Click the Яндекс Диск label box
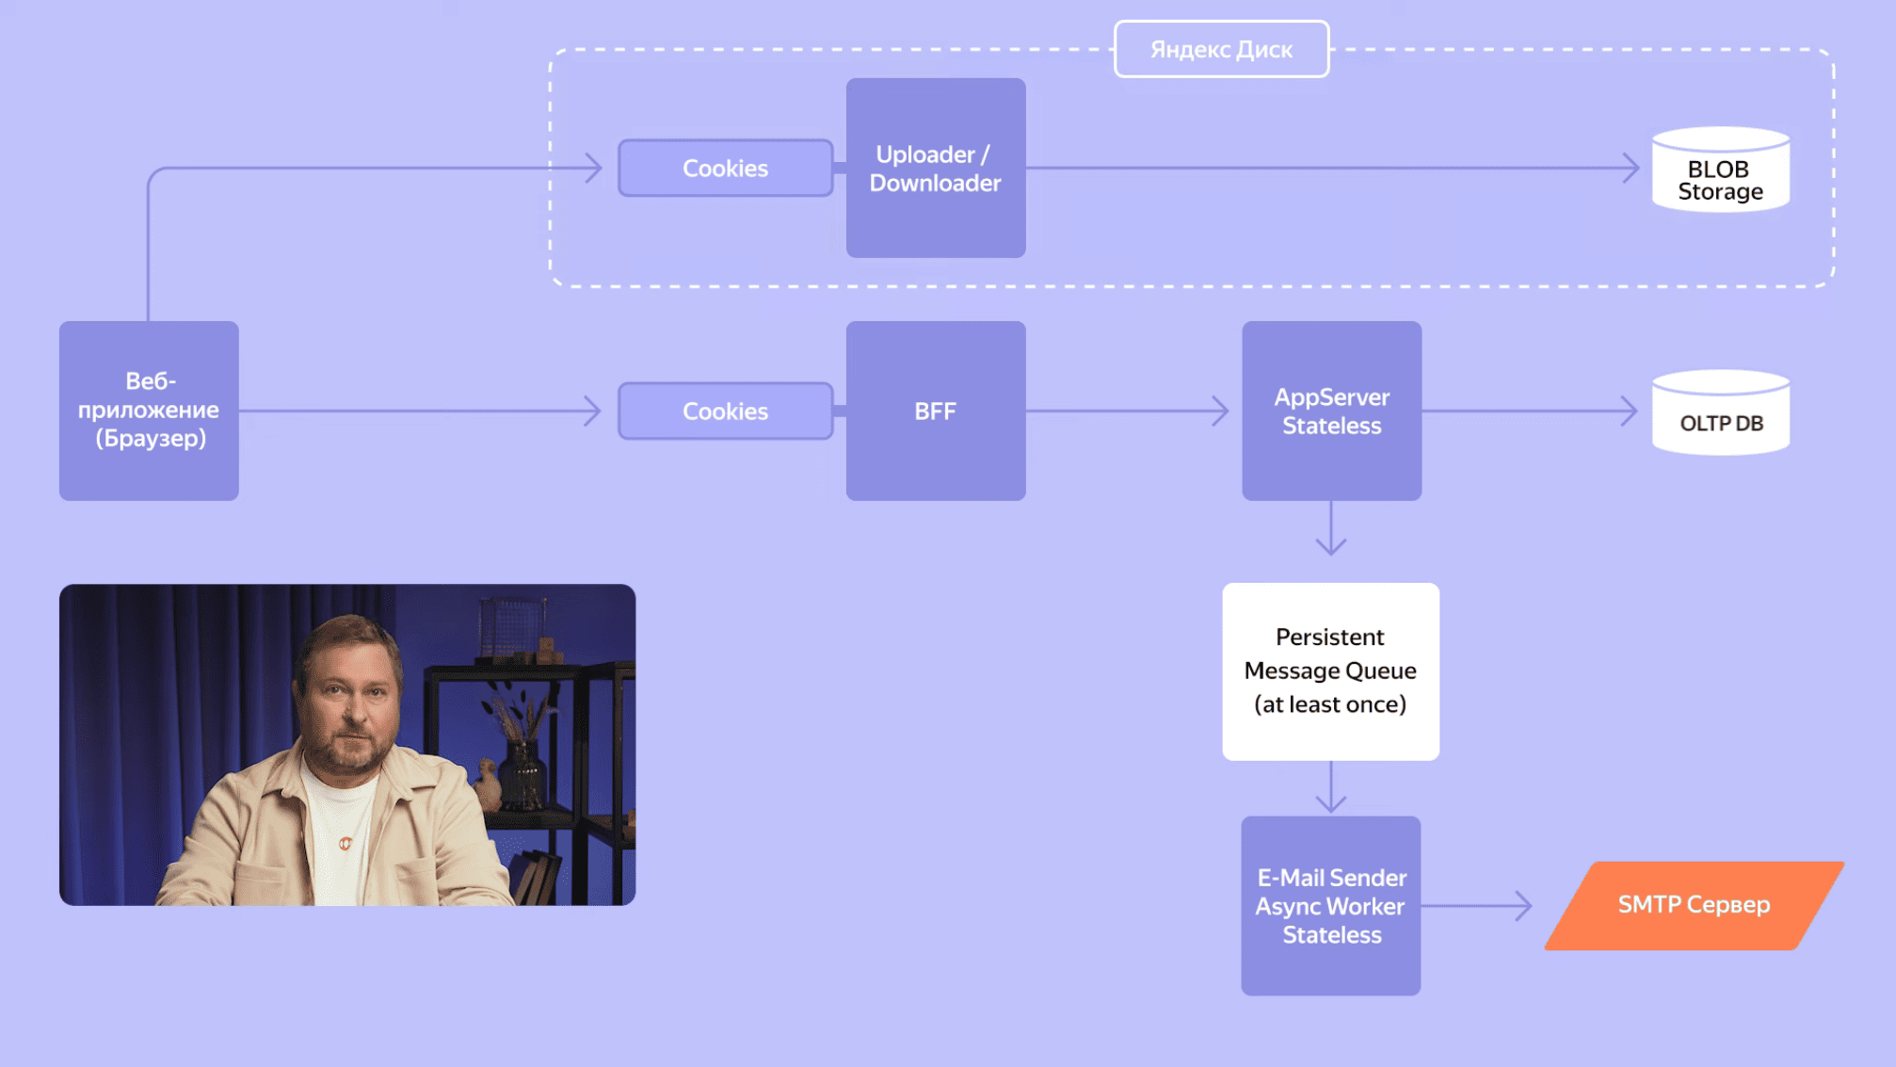pyautogui.click(x=1221, y=49)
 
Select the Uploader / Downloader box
pyautogui.click(x=935, y=168)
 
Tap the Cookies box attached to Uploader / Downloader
pyautogui.click(x=725, y=169)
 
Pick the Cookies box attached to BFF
pyautogui.click(x=725, y=412)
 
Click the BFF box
pyautogui.click(x=935, y=411)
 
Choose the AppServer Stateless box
pyautogui.click(x=1331, y=411)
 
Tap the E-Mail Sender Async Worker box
pyautogui.click(x=1330, y=905)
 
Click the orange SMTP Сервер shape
pyautogui.click(x=1694, y=905)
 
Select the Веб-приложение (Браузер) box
pyautogui.click(x=149, y=411)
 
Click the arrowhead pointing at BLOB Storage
pyautogui.click(x=1631, y=169)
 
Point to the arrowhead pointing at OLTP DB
pyautogui.click(x=1631, y=411)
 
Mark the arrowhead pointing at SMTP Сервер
pyautogui.click(x=1524, y=906)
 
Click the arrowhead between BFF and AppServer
pyautogui.click(x=1221, y=411)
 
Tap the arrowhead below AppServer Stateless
pyautogui.click(x=1330, y=546)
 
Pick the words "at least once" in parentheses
pyautogui.click(x=1329, y=704)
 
